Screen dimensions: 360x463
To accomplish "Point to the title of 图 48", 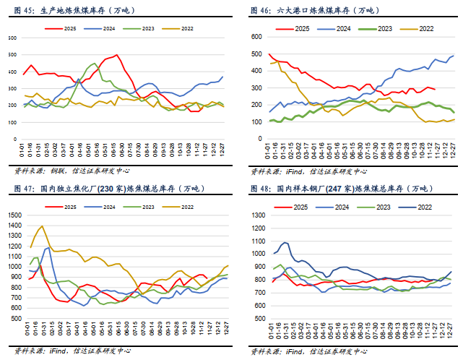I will point(339,189).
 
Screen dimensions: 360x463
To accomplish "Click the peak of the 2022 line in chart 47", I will point(42,226).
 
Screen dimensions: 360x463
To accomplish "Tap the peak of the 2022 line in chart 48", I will point(285,243).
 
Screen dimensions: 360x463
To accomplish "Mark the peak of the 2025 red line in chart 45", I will point(118,55).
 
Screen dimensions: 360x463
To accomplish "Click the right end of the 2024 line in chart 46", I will point(454,56).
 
